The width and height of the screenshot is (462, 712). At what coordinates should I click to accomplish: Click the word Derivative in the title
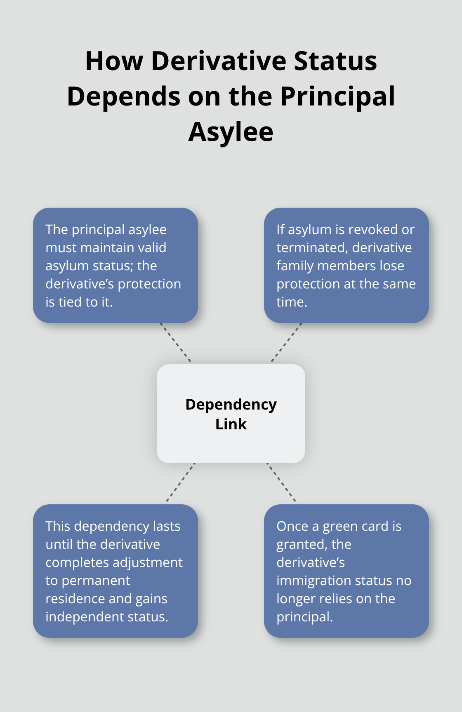(219, 61)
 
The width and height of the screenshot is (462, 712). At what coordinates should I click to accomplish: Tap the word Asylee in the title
(231, 132)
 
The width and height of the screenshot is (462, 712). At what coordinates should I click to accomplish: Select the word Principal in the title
(337, 96)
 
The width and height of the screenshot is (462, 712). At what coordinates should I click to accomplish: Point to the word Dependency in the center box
(231, 404)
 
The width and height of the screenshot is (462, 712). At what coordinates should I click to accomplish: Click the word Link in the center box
(231, 424)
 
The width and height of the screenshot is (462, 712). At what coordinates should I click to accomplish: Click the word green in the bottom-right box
(341, 526)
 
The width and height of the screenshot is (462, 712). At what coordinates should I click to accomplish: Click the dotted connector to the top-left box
(176, 343)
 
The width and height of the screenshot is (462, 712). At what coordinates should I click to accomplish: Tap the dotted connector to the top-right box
(286, 343)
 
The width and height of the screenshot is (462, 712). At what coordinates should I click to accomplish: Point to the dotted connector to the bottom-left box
(180, 483)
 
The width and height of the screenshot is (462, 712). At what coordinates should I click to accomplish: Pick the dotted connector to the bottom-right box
(282, 483)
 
